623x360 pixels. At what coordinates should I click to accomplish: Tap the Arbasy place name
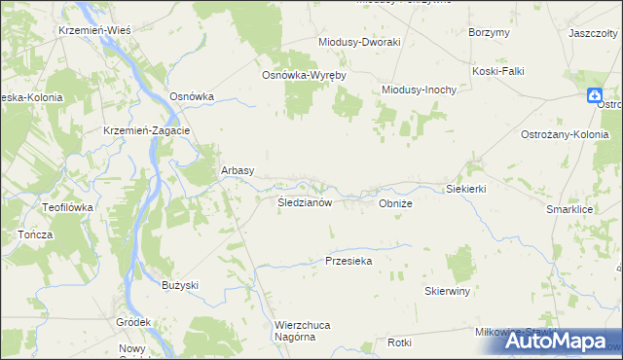tap(238, 169)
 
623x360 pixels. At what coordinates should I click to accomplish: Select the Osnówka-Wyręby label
tap(304, 75)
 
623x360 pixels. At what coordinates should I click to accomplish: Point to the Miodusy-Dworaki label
tap(360, 43)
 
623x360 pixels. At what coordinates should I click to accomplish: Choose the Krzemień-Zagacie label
tap(146, 130)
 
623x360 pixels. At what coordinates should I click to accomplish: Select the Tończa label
tap(35, 235)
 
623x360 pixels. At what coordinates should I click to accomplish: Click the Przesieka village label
tap(349, 261)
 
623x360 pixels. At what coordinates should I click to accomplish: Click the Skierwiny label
tap(448, 291)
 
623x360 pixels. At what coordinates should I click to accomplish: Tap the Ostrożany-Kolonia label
tap(565, 134)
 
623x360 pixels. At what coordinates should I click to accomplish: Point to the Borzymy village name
tap(489, 32)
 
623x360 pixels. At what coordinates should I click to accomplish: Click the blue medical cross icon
tap(594, 94)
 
